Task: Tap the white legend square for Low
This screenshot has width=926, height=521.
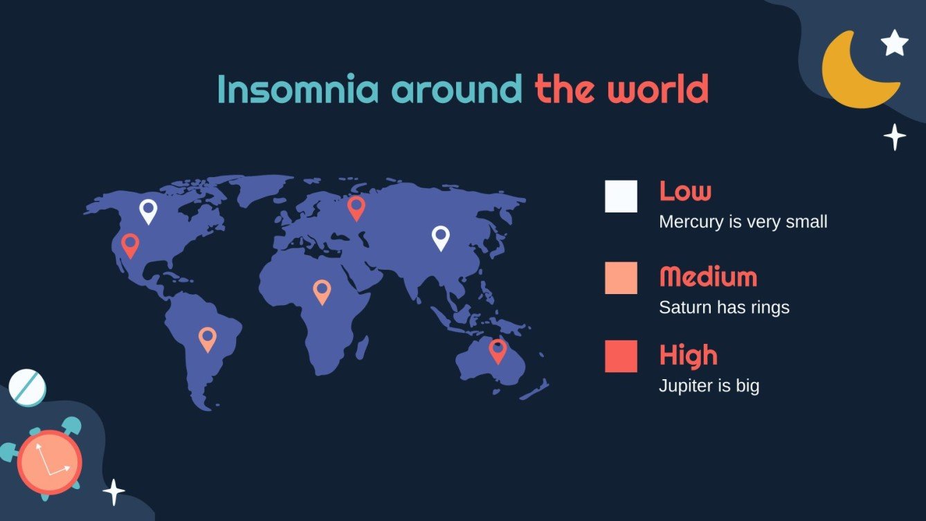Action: tap(621, 196)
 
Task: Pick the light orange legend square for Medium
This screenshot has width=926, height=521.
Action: tap(621, 278)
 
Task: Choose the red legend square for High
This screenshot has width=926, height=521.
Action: tap(621, 356)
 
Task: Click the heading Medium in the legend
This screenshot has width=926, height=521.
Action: tap(708, 277)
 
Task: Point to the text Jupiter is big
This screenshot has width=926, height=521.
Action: tap(709, 385)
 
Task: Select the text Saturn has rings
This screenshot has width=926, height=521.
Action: tap(724, 307)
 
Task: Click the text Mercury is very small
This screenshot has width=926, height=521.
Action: tap(743, 222)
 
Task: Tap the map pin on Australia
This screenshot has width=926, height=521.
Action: tap(498, 350)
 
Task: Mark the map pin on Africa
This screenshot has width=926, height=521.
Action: tap(322, 291)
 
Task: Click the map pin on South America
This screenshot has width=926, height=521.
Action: tap(208, 338)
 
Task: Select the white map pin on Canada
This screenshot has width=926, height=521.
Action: tap(148, 210)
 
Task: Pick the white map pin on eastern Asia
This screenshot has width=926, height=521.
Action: tap(441, 237)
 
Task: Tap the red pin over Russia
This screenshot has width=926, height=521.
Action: tap(356, 207)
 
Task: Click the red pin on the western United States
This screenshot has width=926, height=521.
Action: tap(130, 244)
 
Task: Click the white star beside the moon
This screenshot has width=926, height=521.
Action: tap(895, 43)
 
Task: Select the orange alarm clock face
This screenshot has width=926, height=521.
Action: tap(49, 462)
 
